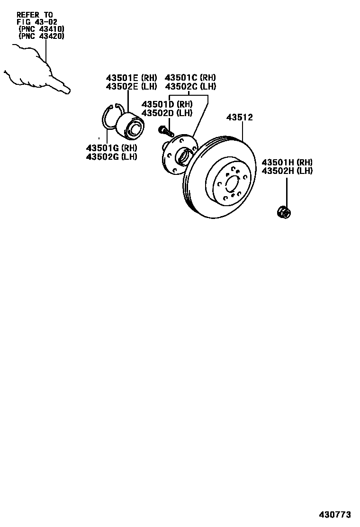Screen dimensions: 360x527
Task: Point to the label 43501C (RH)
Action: (x=190, y=78)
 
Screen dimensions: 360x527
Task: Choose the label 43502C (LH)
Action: (x=190, y=86)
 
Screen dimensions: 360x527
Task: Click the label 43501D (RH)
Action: (x=167, y=104)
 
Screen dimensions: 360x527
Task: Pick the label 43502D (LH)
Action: (x=167, y=113)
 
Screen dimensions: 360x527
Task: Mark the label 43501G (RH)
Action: (x=111, y=148)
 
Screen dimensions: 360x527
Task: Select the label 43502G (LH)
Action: (x=111, y=156)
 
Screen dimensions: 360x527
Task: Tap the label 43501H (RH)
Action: (x=287, y=162)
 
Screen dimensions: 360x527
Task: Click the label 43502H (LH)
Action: (x=287, y=171)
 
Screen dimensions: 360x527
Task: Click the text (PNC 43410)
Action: (x=41, y=28)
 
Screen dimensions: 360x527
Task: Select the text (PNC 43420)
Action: (x=41, y=36)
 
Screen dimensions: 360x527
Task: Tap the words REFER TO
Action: (x=35, y=15)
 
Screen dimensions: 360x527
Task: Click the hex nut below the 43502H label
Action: (x=284, y=212)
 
